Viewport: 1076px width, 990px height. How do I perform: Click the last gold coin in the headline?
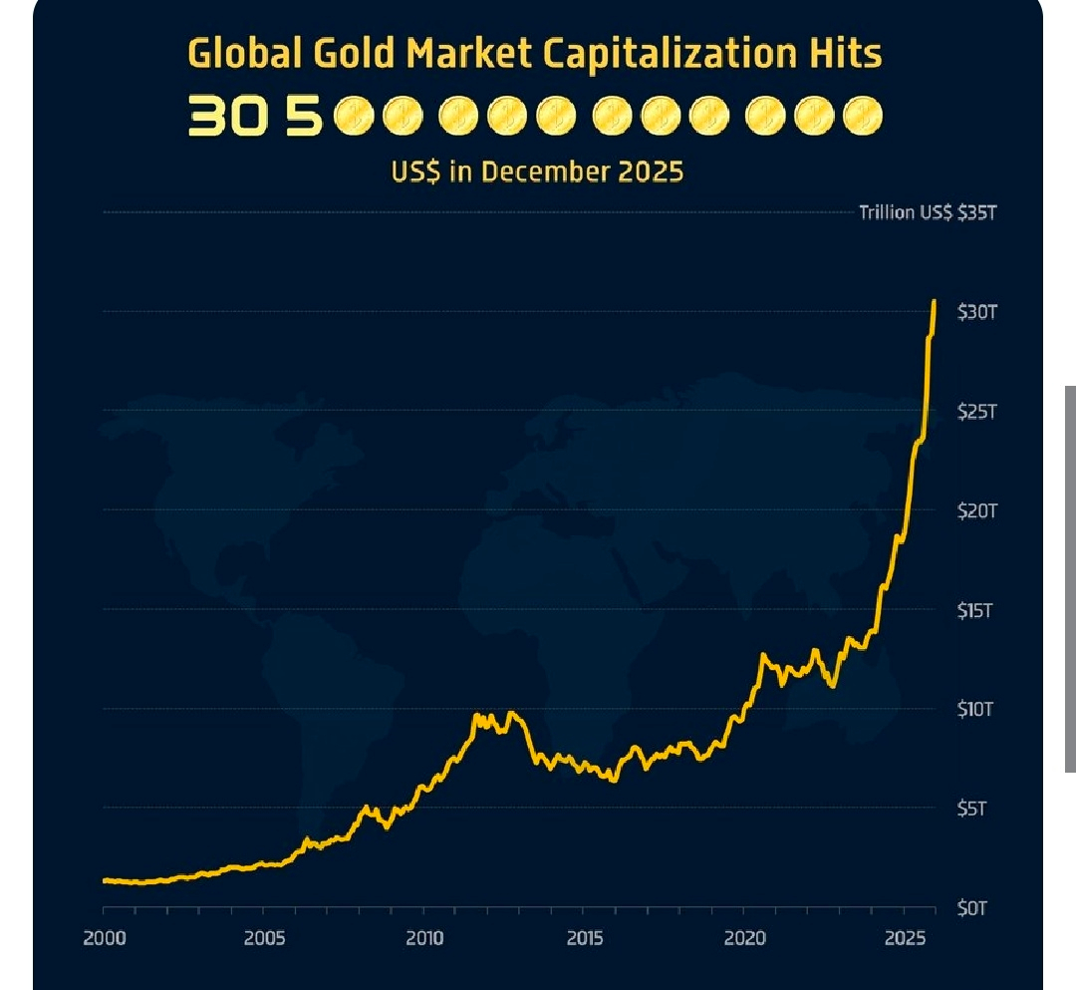862,117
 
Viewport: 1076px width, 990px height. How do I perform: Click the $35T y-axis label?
975,212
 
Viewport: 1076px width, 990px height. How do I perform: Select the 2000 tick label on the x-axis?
104,938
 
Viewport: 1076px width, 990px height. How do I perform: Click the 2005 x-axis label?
264,938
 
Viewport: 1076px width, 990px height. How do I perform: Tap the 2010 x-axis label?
424,938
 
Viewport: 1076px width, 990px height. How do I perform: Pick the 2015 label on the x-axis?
585,938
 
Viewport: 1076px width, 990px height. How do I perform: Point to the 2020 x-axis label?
744,938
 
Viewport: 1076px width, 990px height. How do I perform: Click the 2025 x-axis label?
905,938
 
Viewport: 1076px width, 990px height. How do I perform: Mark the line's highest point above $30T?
934,301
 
